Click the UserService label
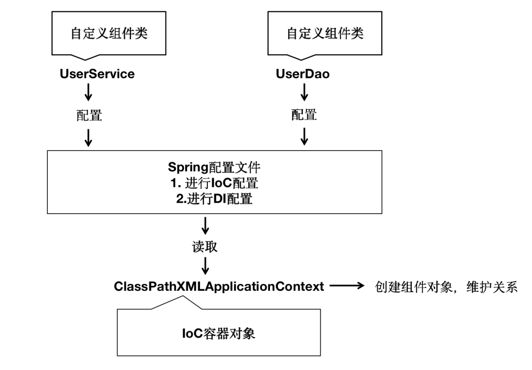pos(97,74)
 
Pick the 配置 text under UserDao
pos(304,115)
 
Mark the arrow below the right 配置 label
pos(304,137)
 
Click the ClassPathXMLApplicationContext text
pos(219,286)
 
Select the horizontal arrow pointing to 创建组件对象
pos(346,286)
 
